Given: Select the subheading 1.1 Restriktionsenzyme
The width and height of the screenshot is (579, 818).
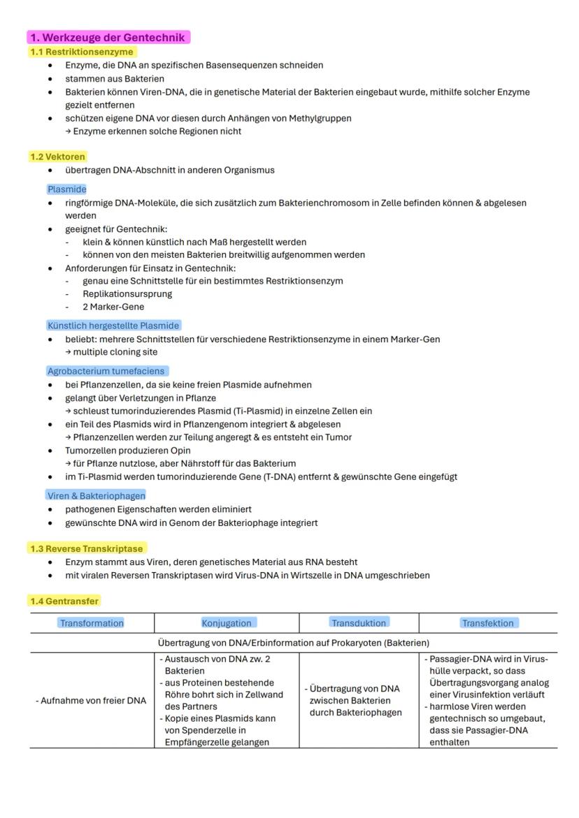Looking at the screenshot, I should pyautogui.click(x=82, y=52).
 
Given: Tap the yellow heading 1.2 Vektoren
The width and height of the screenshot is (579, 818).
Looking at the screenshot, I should pyautogui.click(x=58, y=156).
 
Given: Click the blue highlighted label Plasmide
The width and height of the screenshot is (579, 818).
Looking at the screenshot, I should pyautogui.click(x=67, y=189).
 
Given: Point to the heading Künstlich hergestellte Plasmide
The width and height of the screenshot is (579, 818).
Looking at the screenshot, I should pyautogui.click(x=113, y=326).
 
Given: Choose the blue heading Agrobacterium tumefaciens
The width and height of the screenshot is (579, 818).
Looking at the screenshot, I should pyautogui.click(x=107, y=371).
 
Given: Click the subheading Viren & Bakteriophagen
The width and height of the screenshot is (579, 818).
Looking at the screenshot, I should pyautogui.click(x=96, y=495).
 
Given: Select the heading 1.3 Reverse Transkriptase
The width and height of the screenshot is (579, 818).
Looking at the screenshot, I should pyautogui.click(x=87, y=548).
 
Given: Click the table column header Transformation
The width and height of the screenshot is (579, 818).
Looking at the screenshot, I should pyautogui.click(x=92, y=623).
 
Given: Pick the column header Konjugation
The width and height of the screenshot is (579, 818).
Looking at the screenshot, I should pyautogui.click(x=227, y=623).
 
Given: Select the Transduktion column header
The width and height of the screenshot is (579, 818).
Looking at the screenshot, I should pyautogui.click(x=359, y=622).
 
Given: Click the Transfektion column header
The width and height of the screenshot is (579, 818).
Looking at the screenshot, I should pyautogui.click(x=488, y=623).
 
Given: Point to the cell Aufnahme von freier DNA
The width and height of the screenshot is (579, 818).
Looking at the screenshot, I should pyautogui.click(x=91, y=701).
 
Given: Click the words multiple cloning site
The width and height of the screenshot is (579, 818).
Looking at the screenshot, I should pyautogui.click(x=115, y=352).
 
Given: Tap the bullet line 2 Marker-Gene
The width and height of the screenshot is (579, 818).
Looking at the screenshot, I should pyautogui.click(x=113, y=307).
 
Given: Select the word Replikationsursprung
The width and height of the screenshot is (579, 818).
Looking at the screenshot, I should pyautogui.click(x=127, y=293).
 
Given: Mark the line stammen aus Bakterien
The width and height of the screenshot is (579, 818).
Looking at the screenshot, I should pyautogui.click(x=115, y=78).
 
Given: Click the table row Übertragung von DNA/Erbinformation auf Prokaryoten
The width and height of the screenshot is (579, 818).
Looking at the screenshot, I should pyautogui.click(x=294, y=643).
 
